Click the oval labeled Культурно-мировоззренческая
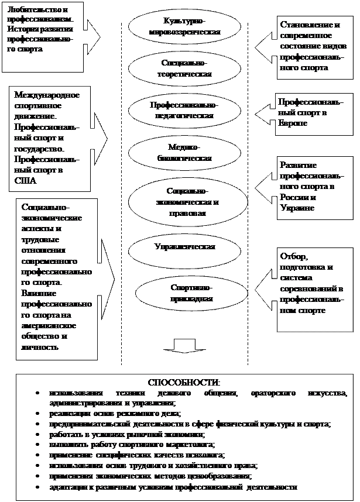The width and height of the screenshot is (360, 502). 185,27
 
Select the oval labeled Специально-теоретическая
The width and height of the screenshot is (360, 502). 185,69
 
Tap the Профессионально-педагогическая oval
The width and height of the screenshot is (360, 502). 184,111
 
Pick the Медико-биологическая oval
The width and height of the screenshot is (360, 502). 184,153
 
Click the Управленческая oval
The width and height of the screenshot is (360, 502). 184,246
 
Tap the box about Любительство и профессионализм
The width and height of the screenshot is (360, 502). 42,28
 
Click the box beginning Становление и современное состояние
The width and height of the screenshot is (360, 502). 316,46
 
